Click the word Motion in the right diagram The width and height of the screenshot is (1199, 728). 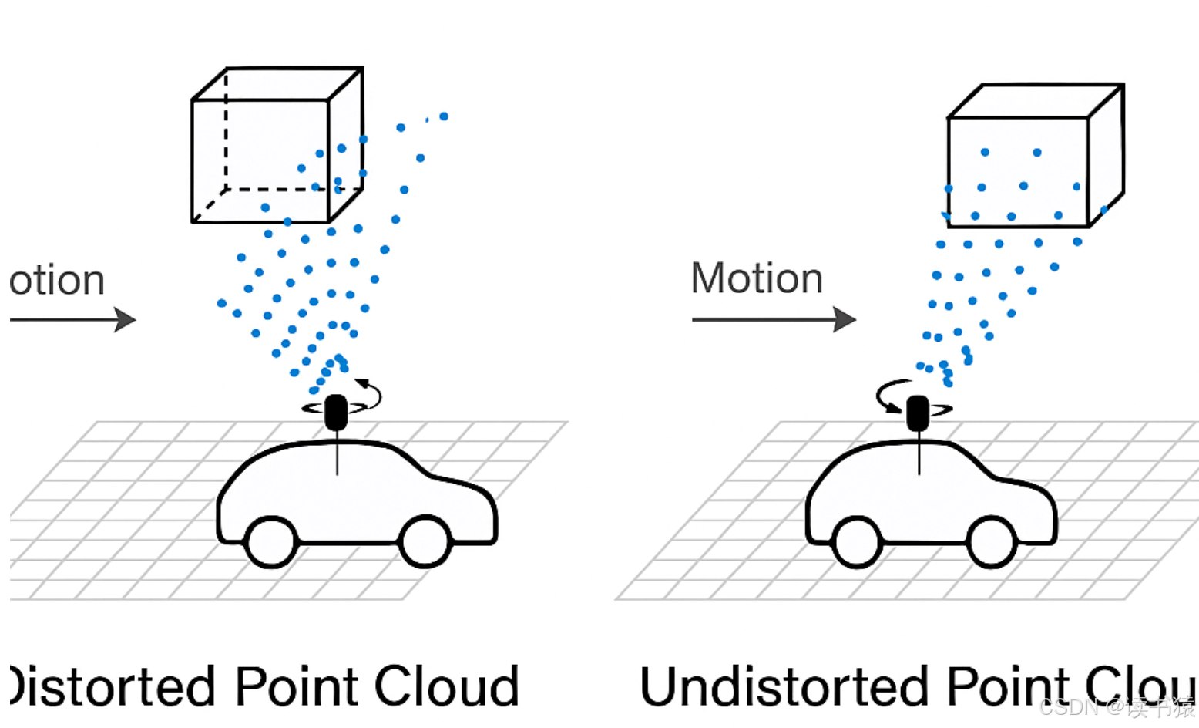click(x=757, y=278)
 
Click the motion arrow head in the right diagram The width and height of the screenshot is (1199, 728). click(x=845, y=319)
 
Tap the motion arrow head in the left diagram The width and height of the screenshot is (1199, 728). click(x=125, y=319)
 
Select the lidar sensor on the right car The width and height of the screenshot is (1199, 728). click(x=917, y=413)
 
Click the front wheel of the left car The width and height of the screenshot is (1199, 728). click(x=425, y=541)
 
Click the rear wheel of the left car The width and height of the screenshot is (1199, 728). click(x=271, y=541)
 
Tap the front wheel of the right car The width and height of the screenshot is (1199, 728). click(x=992, y=541)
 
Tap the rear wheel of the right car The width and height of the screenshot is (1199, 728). click(x=857, y=541)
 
